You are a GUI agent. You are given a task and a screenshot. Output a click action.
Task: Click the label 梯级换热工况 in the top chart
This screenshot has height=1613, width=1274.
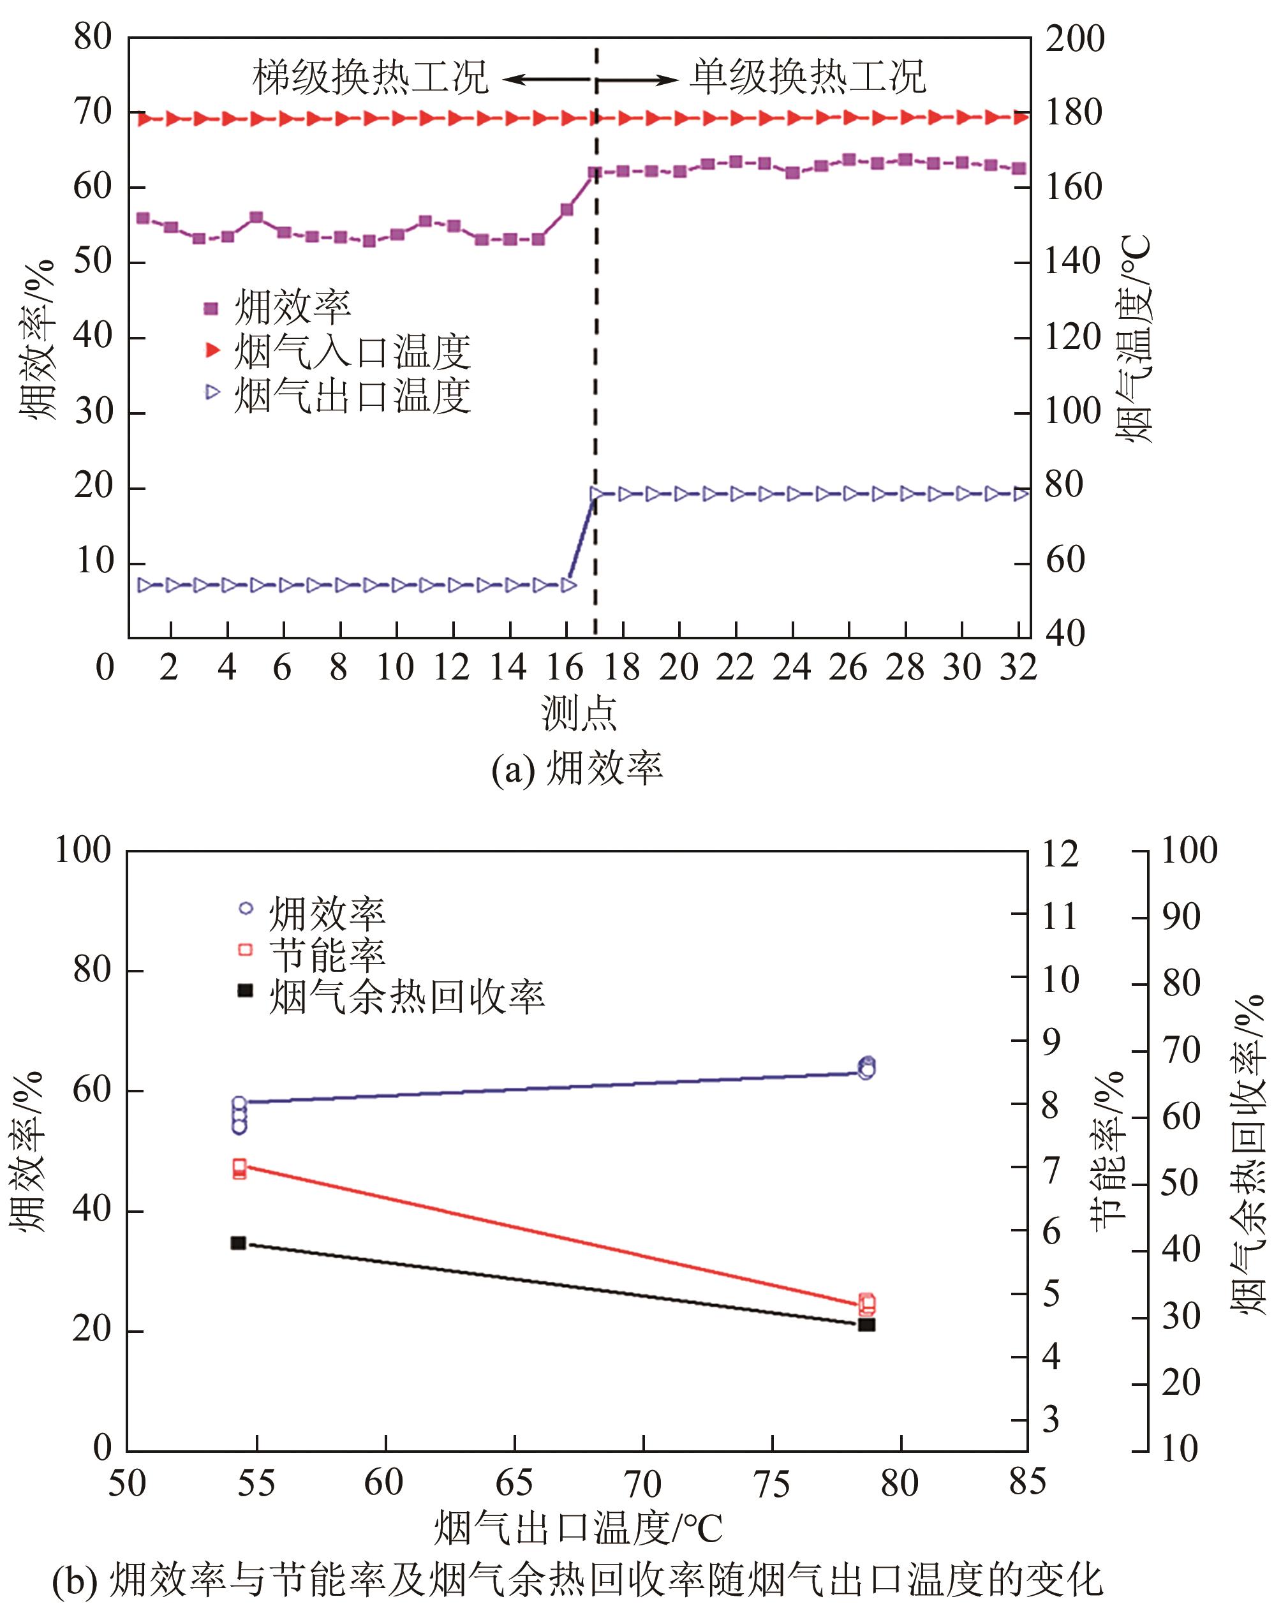click(x=371, y=78)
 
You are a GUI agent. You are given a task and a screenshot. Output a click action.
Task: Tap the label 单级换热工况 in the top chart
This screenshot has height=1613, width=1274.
click(x=808, y=78)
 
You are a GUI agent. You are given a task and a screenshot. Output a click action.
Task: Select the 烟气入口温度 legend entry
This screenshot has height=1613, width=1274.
click(x=352, y=352)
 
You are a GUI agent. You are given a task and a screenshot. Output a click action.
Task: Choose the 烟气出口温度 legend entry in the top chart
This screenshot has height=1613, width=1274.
click(x=352, y=395)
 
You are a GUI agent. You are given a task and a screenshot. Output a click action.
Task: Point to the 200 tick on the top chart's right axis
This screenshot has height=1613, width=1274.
click(x=1074, y=39)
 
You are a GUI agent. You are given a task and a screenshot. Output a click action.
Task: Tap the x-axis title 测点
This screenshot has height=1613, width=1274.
click(x=579, y=714)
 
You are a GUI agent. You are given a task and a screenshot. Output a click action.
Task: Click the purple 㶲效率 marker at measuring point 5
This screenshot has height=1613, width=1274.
click(x=256, y=218)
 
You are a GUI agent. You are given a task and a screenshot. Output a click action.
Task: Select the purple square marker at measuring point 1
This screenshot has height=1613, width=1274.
click(x=143, y=218)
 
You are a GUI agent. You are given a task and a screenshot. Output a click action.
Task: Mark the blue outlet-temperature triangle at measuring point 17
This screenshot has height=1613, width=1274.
click(x=596, y=493)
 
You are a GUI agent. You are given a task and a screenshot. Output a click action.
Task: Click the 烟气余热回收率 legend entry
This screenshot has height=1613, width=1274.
click(x=406, y=997)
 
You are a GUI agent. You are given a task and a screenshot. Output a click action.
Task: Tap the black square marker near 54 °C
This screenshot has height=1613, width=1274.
click(x=238, y=1243)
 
